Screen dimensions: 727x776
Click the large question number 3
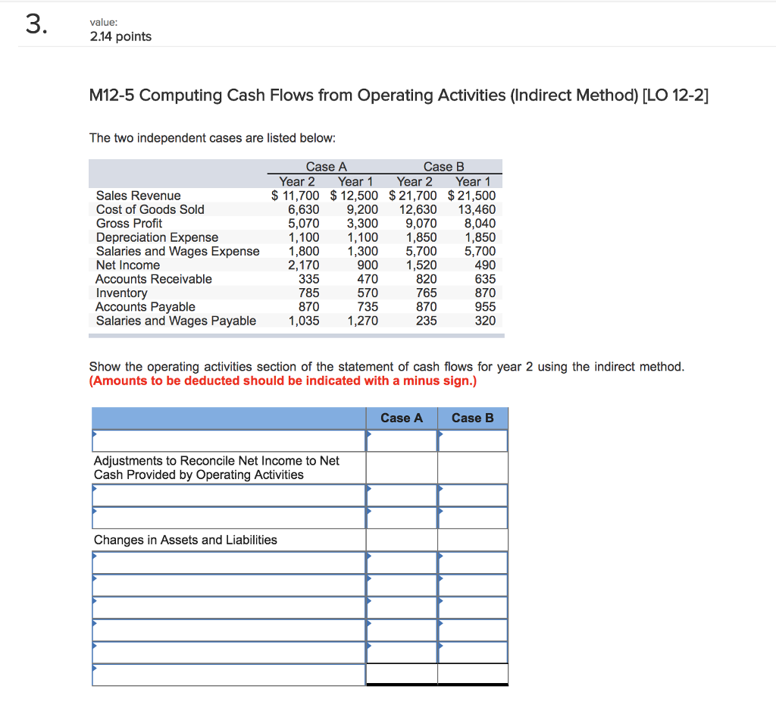(x=36, y=25)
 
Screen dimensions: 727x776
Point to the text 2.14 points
(x=120, y=36)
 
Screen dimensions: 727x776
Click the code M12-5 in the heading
(x=112, y=95)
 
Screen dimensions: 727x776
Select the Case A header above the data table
(x=326, y=167)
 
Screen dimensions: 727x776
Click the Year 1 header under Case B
(x=473, y=181)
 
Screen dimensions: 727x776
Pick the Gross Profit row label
(x=129, y=223)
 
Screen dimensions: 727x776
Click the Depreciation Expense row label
(x=157, y=237)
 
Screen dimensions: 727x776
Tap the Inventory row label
(x=121, y=293)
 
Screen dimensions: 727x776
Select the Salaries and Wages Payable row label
(x=176, y=321)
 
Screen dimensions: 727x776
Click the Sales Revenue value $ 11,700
(x=296, y=196)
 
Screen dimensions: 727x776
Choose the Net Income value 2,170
(x=303, y=265)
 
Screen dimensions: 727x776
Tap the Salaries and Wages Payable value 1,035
(x=303, y=321)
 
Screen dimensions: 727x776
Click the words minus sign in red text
(x=443, y=381)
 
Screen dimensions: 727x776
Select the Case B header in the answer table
(x=472, y=418)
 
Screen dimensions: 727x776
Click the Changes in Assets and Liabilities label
(x=185, y=540)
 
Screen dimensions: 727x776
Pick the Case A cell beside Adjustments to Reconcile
(x=402, y=468)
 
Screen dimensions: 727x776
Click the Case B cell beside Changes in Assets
(x=473, y=540)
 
